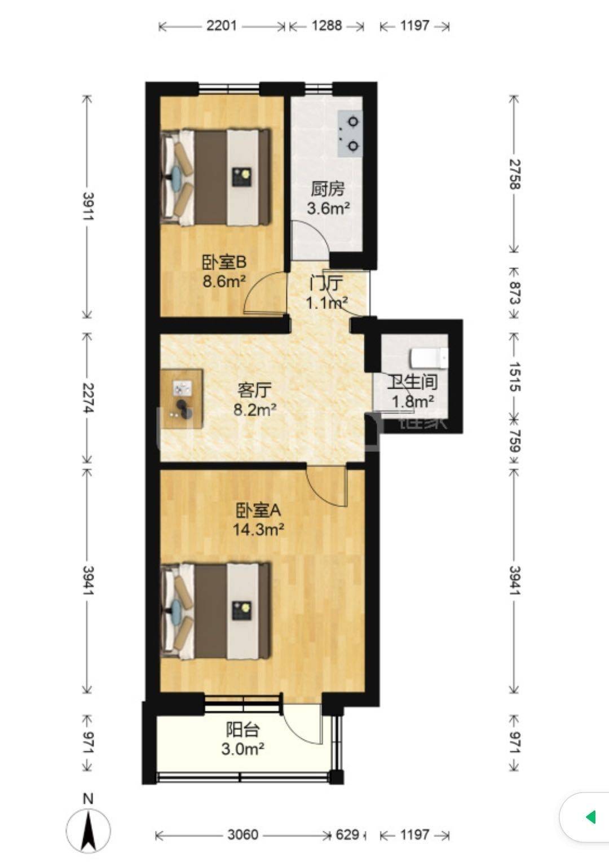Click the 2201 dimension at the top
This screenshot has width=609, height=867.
pyautogui.click(x=221, y=26)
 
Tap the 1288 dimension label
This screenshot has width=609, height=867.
pyautogui.click(x=327, y=26)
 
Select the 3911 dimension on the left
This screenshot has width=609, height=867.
pyautogui.click(x=88, y=206)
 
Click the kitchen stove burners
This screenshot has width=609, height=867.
pyautogui.click(x=350, y=134)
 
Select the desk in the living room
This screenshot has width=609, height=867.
pyautogui.click(x=182, y=399)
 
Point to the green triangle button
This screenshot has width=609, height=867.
pyautogui.click(x=590, y=818)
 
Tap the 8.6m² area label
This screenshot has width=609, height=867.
pyautogui.click(x=224, y=281)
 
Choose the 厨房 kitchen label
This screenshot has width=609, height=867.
pyautogui.click(x=328, y=190)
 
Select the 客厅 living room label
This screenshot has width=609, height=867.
pyautogui.click(x=254, y=390)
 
